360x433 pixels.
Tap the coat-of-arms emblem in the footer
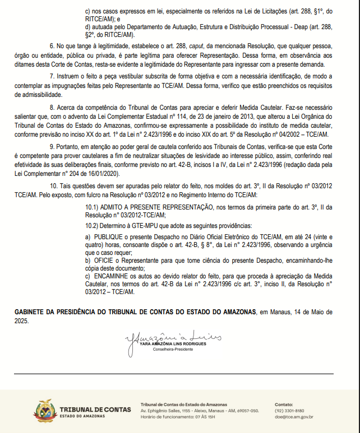[45, 411]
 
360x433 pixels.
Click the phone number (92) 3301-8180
[289, 411]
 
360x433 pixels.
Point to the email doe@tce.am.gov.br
[294, 417]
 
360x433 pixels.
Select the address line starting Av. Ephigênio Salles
[200, 411]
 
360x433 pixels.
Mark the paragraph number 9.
[52, 146]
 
